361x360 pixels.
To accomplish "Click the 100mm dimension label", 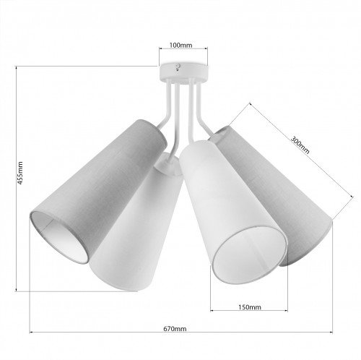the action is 180,45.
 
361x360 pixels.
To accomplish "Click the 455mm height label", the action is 20,173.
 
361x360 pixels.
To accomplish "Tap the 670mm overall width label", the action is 175,328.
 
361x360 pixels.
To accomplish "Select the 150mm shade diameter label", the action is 250,307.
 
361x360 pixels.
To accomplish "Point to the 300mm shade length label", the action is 300,145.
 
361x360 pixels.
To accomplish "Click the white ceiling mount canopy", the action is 183,73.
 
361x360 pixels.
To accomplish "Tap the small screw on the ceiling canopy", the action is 178,67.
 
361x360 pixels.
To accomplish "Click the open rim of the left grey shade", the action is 59,236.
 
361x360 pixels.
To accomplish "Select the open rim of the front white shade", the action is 251,255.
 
